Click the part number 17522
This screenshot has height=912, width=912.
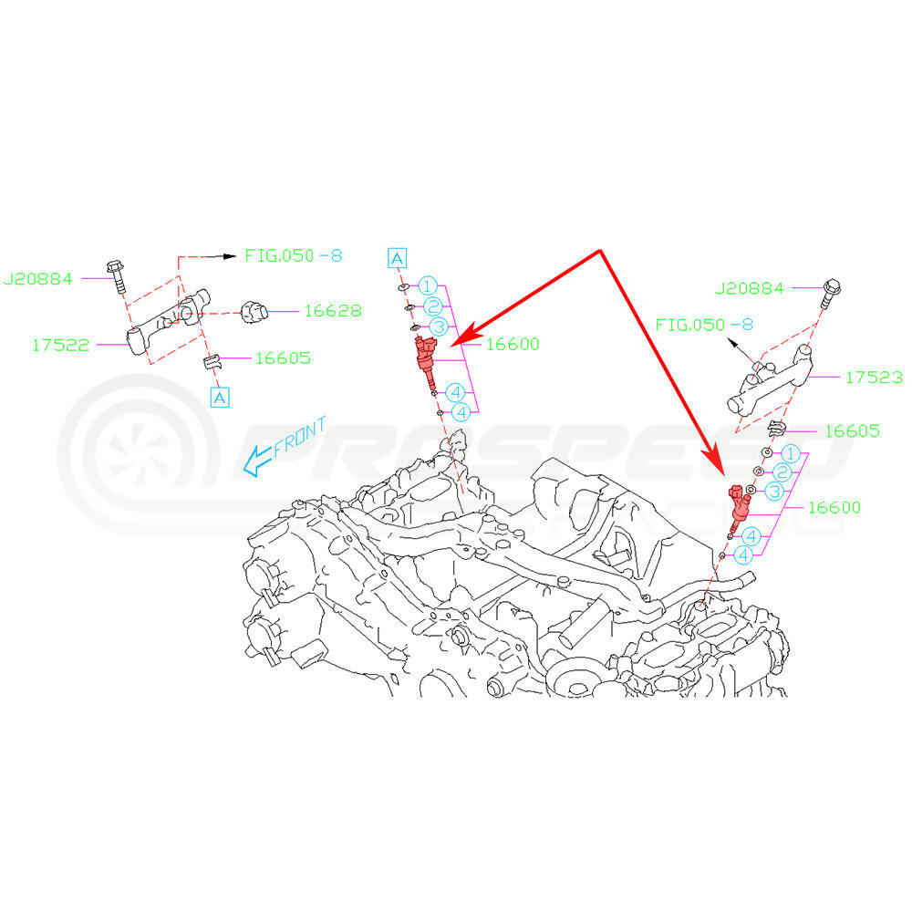[61, 345]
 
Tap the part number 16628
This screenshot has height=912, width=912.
[332, 311]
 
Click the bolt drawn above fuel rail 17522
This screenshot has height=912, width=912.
[117, 275]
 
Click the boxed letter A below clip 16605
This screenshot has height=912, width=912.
[219, 397]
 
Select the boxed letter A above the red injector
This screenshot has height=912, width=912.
[397, 258]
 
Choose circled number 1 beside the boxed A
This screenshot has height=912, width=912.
[428, 286]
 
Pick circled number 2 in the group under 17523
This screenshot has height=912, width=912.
[782, 472]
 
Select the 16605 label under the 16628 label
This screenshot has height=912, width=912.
[283, 358]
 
